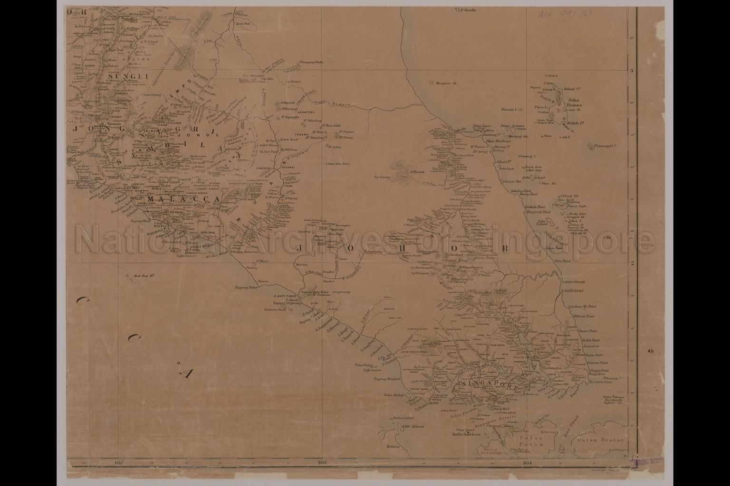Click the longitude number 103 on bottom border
tap(322, 462)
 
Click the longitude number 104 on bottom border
tap(526, 462)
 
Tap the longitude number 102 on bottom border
tap(119, 462)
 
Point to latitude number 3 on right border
tap(632, 71)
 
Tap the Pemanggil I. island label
tap(605, 146)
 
